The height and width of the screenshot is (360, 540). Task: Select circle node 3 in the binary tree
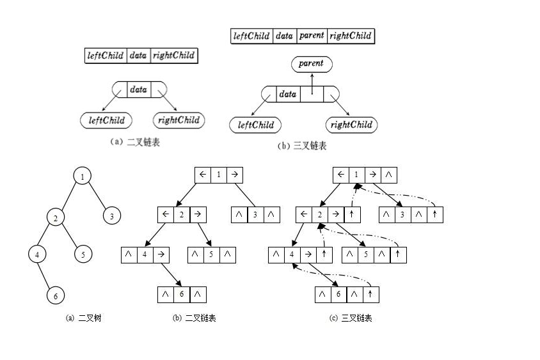click(x=112, y=215)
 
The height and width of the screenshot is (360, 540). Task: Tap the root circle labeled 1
click(x=82, y=175)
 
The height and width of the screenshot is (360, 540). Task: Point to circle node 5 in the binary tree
click(x=83, y=254)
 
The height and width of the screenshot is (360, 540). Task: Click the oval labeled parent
click(x=312, y=63)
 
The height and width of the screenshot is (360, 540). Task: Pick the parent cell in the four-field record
click(x=312, y=36)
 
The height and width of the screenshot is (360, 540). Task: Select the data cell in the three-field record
click(x=138, y=56)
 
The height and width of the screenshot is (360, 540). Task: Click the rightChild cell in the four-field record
click(x=351, y=36)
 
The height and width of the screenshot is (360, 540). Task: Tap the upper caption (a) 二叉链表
click(x=135, y=142)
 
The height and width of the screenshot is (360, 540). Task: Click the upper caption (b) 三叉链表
click(x=302, y=146)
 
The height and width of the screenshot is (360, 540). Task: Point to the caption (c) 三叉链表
click(x=351, y=318)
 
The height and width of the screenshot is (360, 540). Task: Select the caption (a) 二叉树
click(x=84, y=318)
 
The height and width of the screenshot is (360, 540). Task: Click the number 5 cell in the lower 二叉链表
click(x=212, y=254)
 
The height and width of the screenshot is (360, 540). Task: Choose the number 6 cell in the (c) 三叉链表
click(x=339, y=294)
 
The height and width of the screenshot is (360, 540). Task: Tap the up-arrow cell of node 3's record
click(x=434, y=214)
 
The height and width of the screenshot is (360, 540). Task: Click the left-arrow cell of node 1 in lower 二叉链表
click(x=203, y=175)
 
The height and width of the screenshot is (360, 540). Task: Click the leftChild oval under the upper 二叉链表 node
click(x=106, y=120)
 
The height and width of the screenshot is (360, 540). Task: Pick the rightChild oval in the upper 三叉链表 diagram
click(x=351, y=125)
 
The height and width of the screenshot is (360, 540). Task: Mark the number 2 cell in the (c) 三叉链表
click(x=319, y=214)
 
